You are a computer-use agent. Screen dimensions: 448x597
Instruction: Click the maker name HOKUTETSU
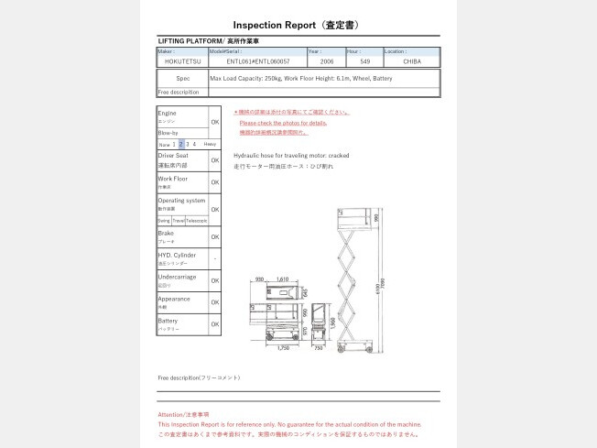(182, 61)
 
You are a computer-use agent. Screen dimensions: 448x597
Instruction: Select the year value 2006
(326, 61)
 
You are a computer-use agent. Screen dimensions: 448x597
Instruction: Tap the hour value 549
(364, 61)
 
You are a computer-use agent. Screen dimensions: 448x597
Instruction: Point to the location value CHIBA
(410, 61)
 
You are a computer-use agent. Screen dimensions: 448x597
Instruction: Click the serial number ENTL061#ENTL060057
(257, 61)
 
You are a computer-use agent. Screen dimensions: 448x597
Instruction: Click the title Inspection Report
(298, 26)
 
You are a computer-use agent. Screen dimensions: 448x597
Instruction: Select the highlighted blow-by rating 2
(181, 144)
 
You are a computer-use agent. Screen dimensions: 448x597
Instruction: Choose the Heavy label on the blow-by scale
(210, 144)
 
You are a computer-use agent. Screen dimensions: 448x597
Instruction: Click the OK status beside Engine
(214, 122)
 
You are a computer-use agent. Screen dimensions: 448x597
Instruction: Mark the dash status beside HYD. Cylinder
(214, 258)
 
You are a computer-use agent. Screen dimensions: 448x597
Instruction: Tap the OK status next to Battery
(214, 323)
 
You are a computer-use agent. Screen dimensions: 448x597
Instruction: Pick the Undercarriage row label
(176, 277)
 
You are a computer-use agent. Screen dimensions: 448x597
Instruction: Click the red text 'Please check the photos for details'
(283, 123)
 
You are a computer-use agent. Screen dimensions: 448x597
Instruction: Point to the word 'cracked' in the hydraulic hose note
(338, 156)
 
